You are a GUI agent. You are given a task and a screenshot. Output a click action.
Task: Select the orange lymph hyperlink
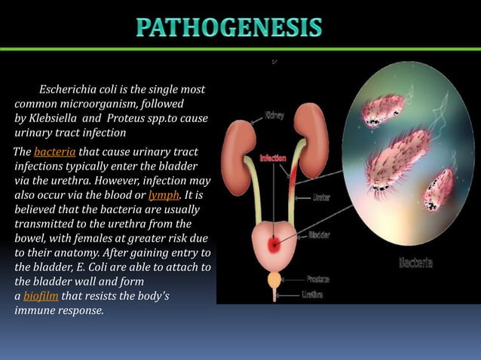click(x=164, y=194)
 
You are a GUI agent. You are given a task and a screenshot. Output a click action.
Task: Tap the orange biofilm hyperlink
click(x=41, y=294)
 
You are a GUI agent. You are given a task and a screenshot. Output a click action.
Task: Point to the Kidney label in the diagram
click(x=274, y=116)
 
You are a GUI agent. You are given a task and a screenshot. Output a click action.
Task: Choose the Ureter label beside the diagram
click(x=321, y=197)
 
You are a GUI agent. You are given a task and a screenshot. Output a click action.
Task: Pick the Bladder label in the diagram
click(x=319, y=235)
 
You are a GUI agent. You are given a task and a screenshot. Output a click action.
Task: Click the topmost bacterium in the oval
click(x=382, y=110)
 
